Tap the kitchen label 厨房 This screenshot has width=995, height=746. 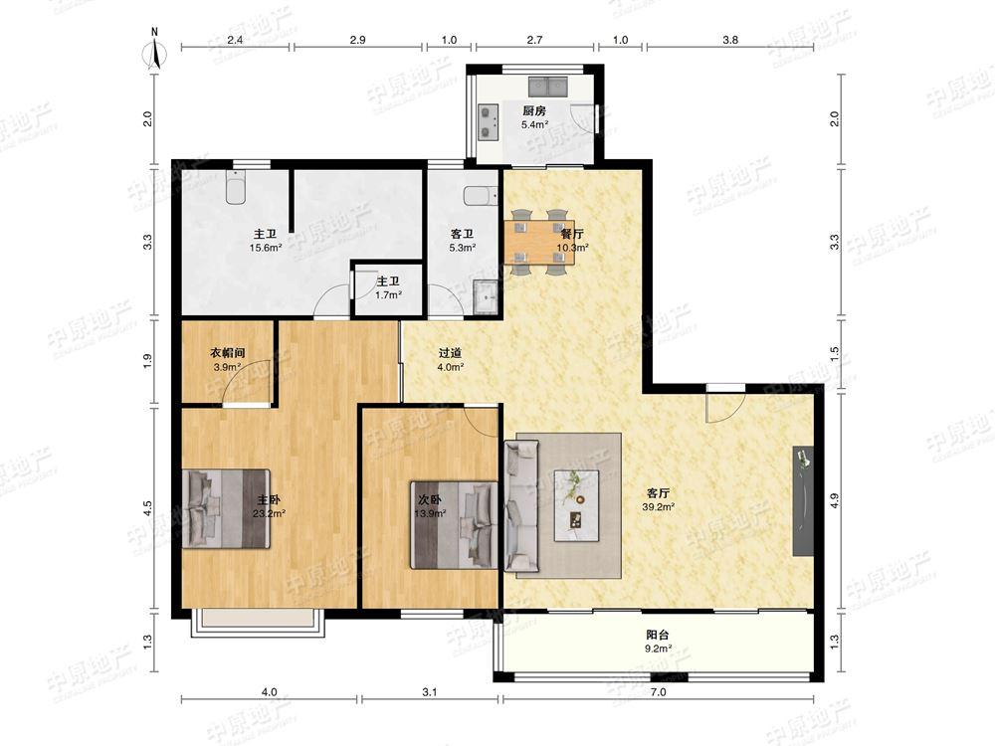tap(534, 111)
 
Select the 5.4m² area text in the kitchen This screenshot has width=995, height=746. tap(534, 125)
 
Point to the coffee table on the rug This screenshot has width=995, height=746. tap(577, 505)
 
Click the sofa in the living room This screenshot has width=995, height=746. tap(521, 505)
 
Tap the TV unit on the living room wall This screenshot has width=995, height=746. tap(803, 501)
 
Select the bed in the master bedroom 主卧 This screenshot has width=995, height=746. tap(227, 508)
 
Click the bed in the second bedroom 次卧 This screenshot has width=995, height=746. tap(454, 524)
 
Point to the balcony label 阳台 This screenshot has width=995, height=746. tap(658, 635)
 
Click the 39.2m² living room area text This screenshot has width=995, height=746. tap(658, 507)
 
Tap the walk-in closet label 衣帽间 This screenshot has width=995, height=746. tap(228, 353)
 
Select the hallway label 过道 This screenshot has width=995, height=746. tap(450, 353)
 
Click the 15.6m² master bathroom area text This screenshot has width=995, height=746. tap(266, 248)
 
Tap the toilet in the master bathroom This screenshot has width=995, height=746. tap(236, 188)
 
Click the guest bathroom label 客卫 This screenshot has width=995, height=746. tap(462, 234)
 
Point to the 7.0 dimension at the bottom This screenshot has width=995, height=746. tap(659, 692)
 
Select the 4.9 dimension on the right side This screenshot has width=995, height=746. tap(835, 501)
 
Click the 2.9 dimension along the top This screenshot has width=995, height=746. tap(357, 40)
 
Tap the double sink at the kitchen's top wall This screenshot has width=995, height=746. tap(547, 86)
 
